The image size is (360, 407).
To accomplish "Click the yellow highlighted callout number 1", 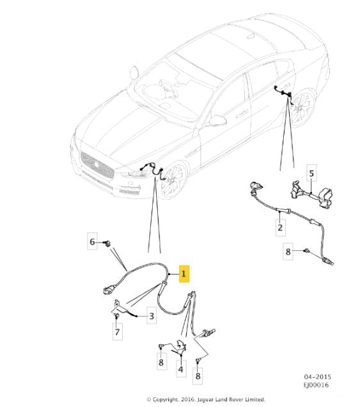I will coord(184,275).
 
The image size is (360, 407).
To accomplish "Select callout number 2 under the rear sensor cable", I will coord(279,227).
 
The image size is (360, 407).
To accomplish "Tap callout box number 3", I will coord(151,315).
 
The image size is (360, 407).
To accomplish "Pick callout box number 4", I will coord(181,369).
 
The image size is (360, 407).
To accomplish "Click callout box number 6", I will coord(91,241).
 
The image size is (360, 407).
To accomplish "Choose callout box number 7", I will coord(117,333).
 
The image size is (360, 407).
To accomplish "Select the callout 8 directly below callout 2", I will coord(288,251).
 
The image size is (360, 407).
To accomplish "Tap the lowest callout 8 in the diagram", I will coord(198,378).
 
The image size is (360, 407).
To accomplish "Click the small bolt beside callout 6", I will coord(107,242).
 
